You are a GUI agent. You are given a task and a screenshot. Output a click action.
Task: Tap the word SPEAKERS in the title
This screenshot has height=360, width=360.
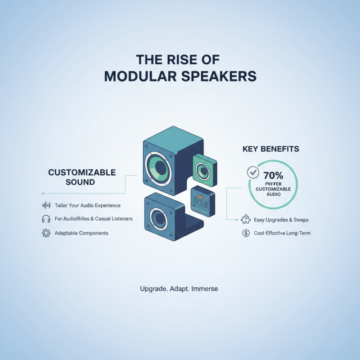pos(220,76)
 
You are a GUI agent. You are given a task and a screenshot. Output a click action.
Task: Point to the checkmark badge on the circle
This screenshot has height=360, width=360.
pos(253,171)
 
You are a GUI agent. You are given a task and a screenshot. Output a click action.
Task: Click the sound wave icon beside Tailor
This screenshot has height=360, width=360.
pos(45,205)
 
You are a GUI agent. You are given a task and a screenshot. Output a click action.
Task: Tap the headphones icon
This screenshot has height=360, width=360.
pos(45,219)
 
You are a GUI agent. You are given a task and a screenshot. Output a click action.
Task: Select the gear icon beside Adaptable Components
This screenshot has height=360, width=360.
pos(45,233)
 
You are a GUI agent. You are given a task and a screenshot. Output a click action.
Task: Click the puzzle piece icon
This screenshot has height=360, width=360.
pos(246,220)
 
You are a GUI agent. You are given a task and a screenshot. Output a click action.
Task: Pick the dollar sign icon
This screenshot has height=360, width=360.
pos(246,233)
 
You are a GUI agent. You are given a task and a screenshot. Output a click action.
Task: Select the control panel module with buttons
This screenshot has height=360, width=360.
pos(202,200)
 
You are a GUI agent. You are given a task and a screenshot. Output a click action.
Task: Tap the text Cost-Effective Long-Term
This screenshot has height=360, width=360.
pos(282,233)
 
